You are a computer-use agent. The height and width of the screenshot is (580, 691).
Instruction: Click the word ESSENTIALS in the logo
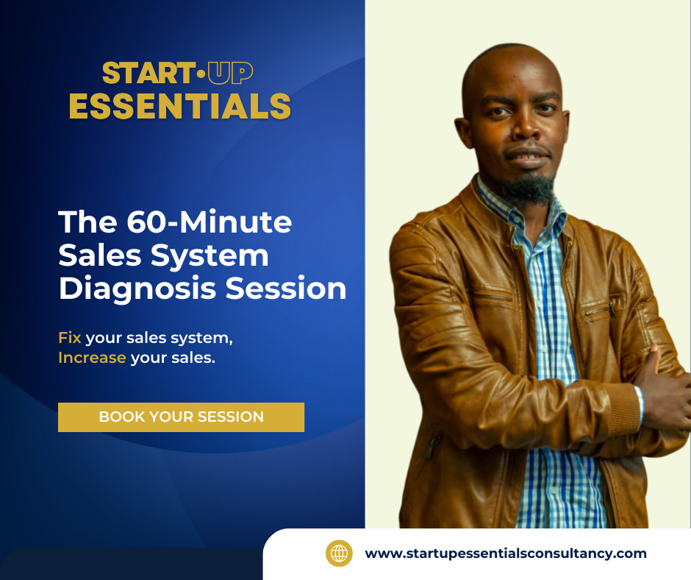(180, 106)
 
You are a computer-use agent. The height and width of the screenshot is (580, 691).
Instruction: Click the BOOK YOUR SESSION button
(181, 417)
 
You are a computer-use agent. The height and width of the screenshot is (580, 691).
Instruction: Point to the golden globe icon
(339, 554)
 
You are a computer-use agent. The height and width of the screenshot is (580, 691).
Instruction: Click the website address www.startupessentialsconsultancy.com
(506, 554)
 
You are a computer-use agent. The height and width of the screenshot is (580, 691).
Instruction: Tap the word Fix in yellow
(70, 338)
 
